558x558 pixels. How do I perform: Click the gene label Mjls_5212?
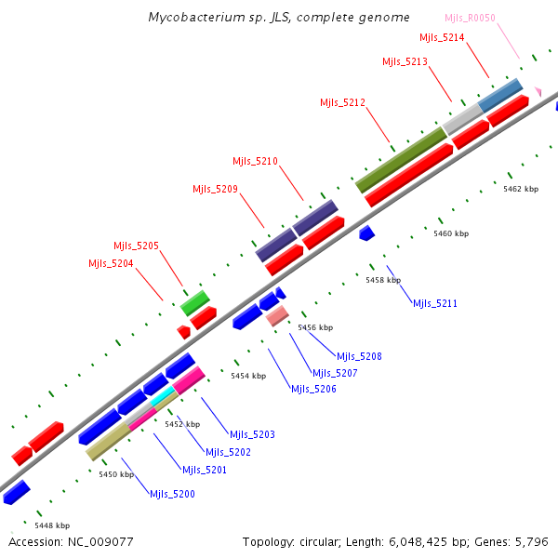[x=342, y=102]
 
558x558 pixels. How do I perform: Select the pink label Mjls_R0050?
[x=470, y=19]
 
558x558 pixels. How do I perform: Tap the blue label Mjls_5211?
[x=435, y=304]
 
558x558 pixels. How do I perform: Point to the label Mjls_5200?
[x=172, y=494]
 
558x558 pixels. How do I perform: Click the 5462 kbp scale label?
[x=520, y=189]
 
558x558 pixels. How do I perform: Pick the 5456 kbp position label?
[x=314, y=327]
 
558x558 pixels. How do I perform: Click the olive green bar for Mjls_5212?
[x=401, y=160]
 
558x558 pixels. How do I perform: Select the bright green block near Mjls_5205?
[x=194, y=301]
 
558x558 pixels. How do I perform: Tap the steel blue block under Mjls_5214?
[x=500, y=94]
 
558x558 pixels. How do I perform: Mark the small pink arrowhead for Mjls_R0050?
[x=537, y=90]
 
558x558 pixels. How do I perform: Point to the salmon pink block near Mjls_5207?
[x=277, y=317]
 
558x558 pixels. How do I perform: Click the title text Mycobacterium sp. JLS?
[x=278, y=18]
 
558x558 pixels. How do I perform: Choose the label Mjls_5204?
[x=111, y=263]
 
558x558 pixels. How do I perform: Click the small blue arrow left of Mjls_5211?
[x=366, y=232]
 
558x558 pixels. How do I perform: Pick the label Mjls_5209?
[x=215, y=189]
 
